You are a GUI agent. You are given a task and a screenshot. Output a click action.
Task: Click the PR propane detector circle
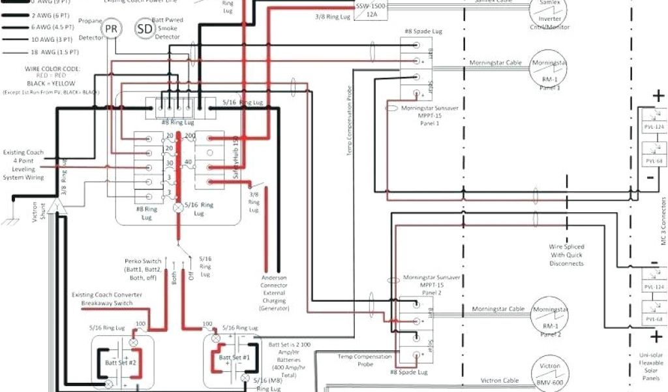click(112, 29)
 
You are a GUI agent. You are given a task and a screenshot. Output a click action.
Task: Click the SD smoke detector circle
click(144, 29)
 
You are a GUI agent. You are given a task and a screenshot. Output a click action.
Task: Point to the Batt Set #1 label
click(234, 357)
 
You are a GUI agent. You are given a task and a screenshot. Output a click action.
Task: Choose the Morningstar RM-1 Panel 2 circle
click(550, 316)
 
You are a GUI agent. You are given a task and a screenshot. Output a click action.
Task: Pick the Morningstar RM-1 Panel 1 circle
click(550, 69)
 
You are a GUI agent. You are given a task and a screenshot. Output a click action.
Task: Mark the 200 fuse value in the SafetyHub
click(190, 136)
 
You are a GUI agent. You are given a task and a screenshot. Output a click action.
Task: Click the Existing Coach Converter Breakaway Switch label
click(106, 299)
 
